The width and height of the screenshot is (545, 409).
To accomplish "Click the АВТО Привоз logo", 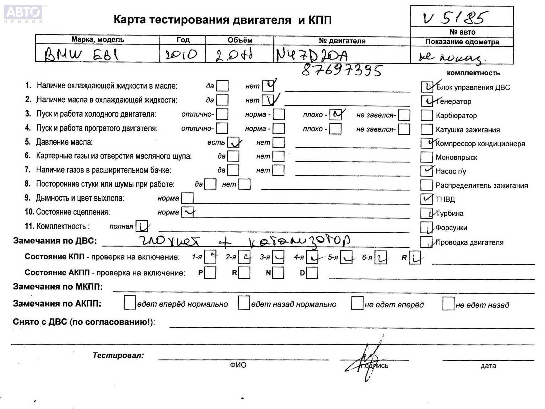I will pyautogui.click(x=23, y=13).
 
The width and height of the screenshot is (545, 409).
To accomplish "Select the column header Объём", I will pyautogui.click(x=240, y=40).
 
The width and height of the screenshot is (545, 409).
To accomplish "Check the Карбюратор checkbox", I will pyautogui.click(x=426, y=115).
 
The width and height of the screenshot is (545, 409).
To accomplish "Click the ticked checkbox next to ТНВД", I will pyautogui.click(x=426, y=199).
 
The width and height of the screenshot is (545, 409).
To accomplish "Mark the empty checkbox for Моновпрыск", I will pyautogui.click(x=426, y=157).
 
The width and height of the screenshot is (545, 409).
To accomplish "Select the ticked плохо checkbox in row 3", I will pyautogui.click(x=336, y=115).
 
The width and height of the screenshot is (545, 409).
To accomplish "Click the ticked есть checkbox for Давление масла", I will pyautogui.click(x=233, y=142).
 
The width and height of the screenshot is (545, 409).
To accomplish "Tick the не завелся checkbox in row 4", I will pyautogui.click(x=404, y=129).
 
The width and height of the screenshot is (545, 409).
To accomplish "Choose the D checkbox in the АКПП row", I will pyautogui.click(x=312, y=273).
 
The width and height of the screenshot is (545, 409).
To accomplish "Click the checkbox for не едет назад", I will pyautogui.click(x=448, y=304).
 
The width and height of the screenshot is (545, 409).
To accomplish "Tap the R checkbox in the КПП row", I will pyautogui.click(x=415, y=258).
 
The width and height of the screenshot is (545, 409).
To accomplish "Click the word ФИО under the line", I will pyautogui.click(x=238, y=365).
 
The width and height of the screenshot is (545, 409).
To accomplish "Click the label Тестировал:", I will pyautogui.click(x=118, y=355).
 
